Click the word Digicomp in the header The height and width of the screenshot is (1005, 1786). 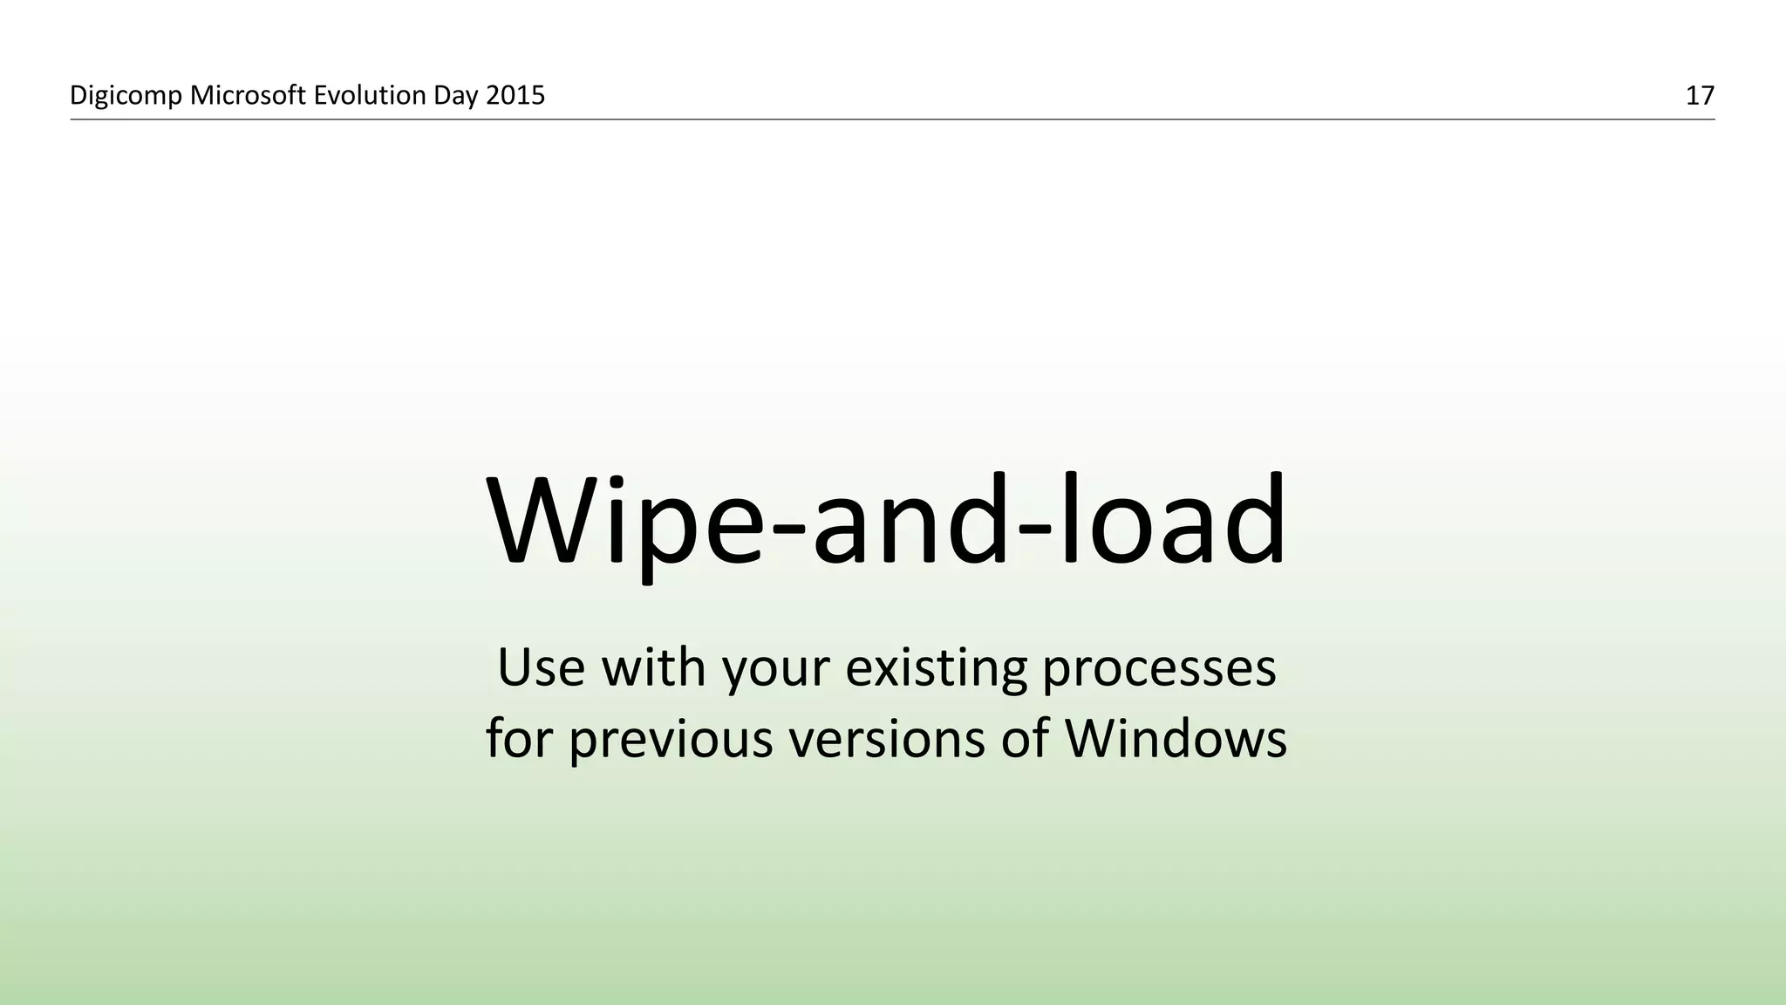tap(126, 96)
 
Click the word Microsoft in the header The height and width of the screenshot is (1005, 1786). tap(248, 95)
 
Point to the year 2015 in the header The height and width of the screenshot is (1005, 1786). tap(515, 95)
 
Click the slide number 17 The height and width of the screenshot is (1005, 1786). tap(1700, 96)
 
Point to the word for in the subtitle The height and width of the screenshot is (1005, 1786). tap(520, 738)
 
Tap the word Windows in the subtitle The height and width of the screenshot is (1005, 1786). tap(1175, 738)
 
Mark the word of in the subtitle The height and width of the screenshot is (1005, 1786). tap(1024, 738)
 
